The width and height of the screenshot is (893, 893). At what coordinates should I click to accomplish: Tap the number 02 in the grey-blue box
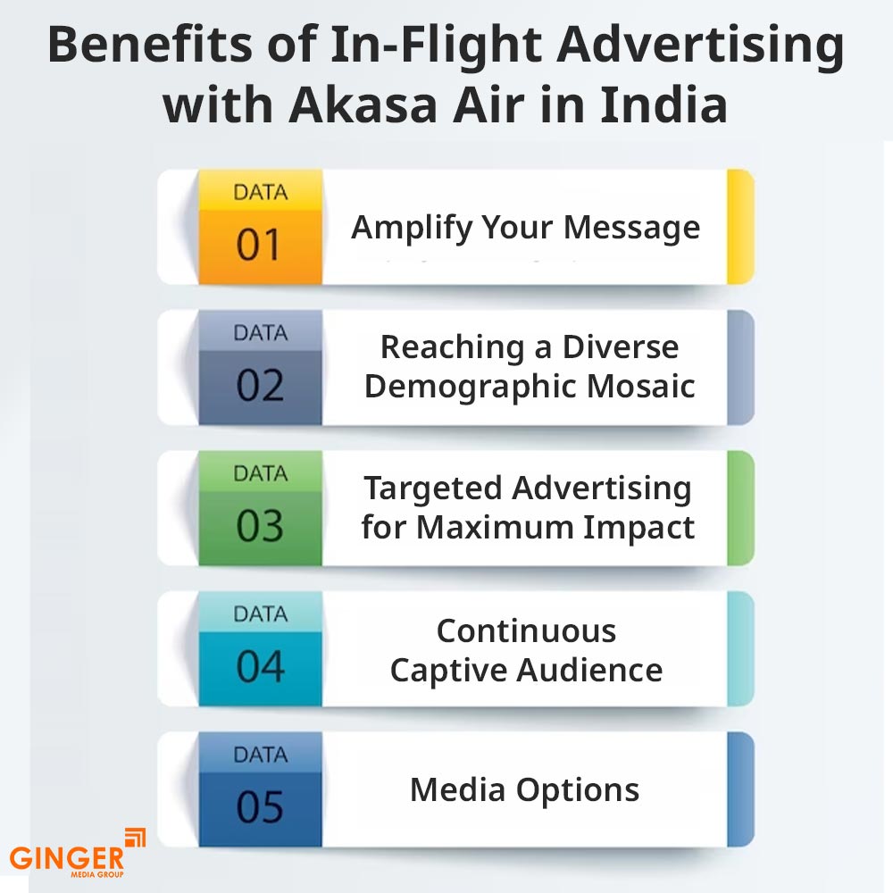(x=259, y=386)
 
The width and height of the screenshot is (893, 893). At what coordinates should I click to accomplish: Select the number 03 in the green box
(x=259, y=527)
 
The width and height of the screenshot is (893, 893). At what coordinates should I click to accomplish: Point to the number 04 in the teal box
(x=259, y=667)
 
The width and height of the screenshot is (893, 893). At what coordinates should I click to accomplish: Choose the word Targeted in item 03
(x=433, y=488)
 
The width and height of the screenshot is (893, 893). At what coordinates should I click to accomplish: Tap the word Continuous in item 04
(x=526, y=631)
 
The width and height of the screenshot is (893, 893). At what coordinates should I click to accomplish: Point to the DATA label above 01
(x=260, y=191)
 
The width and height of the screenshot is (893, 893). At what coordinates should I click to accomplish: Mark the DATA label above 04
(x=260, y=613)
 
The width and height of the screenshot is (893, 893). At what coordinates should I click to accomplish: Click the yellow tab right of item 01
(x=740, y=227)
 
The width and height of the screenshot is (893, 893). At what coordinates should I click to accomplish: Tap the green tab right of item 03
(x=740, y=508)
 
